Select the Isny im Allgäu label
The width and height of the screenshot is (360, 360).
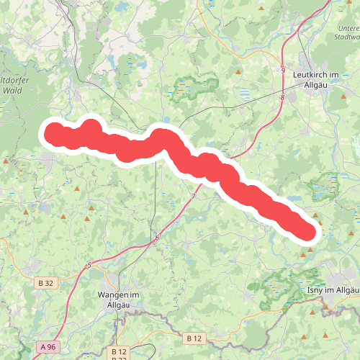pyautogui.click(x=333, y=290)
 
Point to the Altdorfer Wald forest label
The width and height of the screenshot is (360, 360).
pyautogui.click(x=16, y=85)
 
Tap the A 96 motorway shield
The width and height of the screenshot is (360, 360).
pyautogui.click(x=48, y=347)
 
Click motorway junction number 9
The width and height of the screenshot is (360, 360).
pyautogui.click(x=283, y=71)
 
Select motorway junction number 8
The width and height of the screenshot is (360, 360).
pyautogui.click(x=283, y=97)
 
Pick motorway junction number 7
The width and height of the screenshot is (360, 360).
pyautogui.click(x=194, y=196)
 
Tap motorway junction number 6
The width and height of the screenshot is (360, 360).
pyautogui.click(x=156, y=238)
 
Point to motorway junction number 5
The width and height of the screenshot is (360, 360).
pyautogui.click(x=89, y=266)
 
